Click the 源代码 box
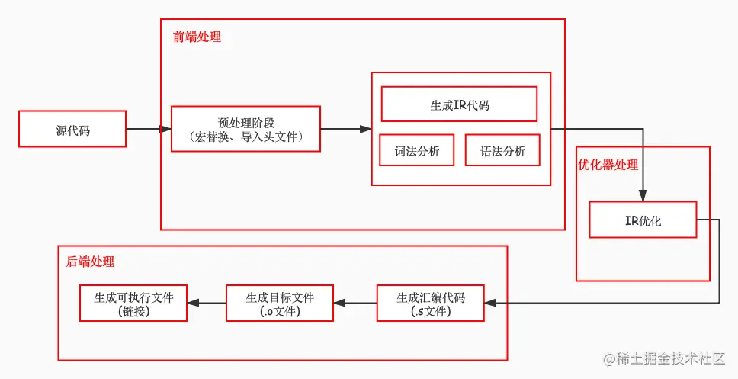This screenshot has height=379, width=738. [x=72, y=130]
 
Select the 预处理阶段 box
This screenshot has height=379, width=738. [x=245, y=130]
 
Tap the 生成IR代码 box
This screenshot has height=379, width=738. [x=459, y=104]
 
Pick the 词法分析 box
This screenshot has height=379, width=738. [x=416, y=150]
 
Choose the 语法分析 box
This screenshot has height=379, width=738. [x=502, y=150]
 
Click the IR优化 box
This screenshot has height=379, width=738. [x=642, y=221]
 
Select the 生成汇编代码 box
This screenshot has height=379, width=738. [x=431, y=304]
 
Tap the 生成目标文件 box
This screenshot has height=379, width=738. [x=279, y=304]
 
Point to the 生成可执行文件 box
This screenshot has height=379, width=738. [x=133, y=304]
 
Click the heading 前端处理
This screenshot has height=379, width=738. [x=197, y=37]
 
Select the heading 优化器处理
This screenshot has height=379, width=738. [x=608, y=165]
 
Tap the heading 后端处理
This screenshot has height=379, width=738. [x=90, y=262]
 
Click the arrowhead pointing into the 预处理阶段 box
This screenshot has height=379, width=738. [x=165, y=130]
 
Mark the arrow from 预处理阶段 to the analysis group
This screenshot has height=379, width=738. [x=345, y=130]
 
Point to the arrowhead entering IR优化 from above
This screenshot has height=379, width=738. [x=643, y=195]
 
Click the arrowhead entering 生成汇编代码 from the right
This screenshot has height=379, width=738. [x=492, y=304]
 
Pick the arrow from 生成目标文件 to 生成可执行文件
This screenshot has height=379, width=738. [x=206, y=304]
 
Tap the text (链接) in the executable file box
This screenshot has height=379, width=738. [x=133, y=311]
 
